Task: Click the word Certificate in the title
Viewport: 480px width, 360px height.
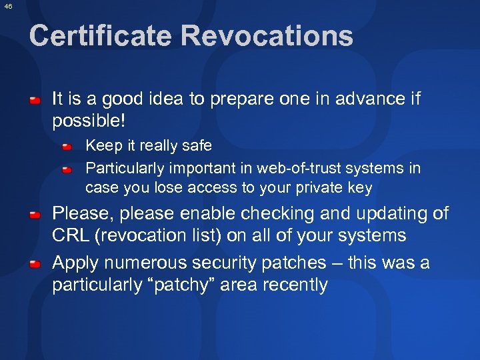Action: [x=99, y=36]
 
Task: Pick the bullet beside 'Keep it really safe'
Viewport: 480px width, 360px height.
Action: [x=68, y=146]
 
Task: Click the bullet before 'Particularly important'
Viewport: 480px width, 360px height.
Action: [x=68, y=169]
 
